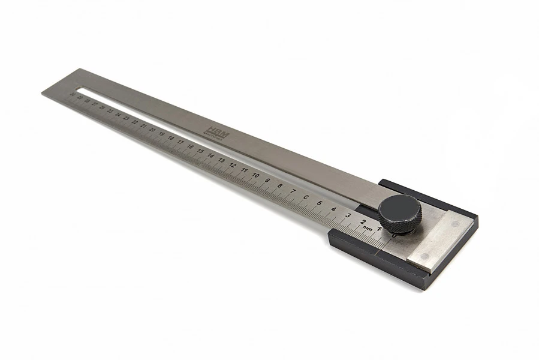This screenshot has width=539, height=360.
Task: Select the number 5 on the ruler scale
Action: pyautogui.click(x=320, y=203)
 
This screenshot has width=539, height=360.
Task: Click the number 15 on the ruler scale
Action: pyautogui.click(x=200, y=151)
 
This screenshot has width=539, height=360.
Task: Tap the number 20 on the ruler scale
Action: pyautogui.click(x=152, y=130)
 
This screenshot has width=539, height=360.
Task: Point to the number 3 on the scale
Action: pyautogui.click(x=348, y=215)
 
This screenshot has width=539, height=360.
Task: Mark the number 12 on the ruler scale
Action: pyautogui.click(x=233, y=166)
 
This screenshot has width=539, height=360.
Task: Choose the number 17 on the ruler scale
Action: pyautogui.click(x=180, y=142)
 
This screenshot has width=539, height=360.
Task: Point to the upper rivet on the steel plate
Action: pyautogui.click(x=454, y=223)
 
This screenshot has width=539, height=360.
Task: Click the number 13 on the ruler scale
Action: pyautogui.click(x=222, y=161)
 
